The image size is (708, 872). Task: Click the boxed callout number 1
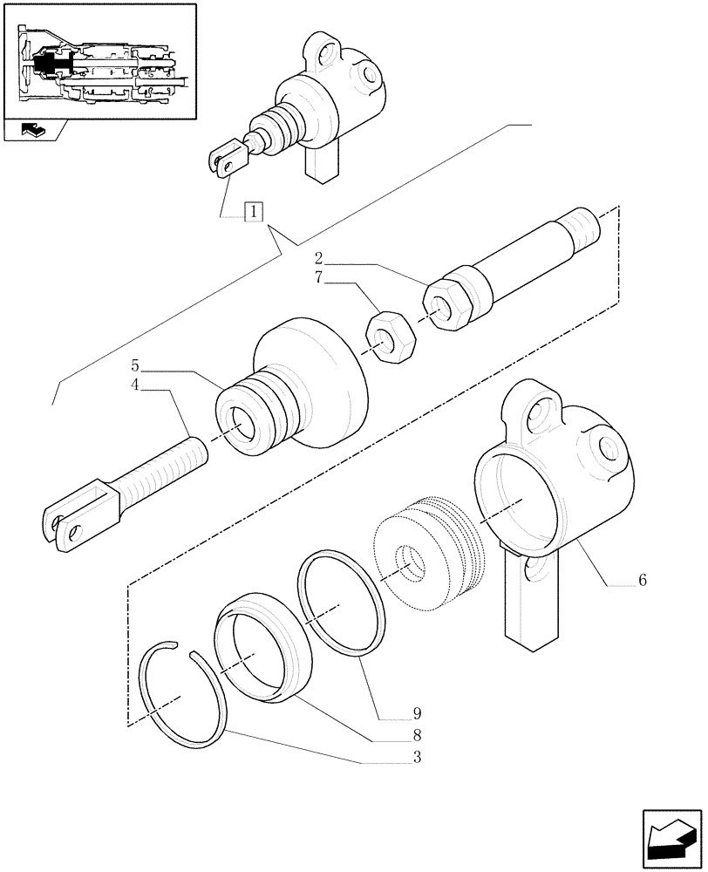(253, 210)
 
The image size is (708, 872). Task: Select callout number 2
(319, 258)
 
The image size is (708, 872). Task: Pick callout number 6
(642, 580)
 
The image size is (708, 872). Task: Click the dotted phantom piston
(428, 548)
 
